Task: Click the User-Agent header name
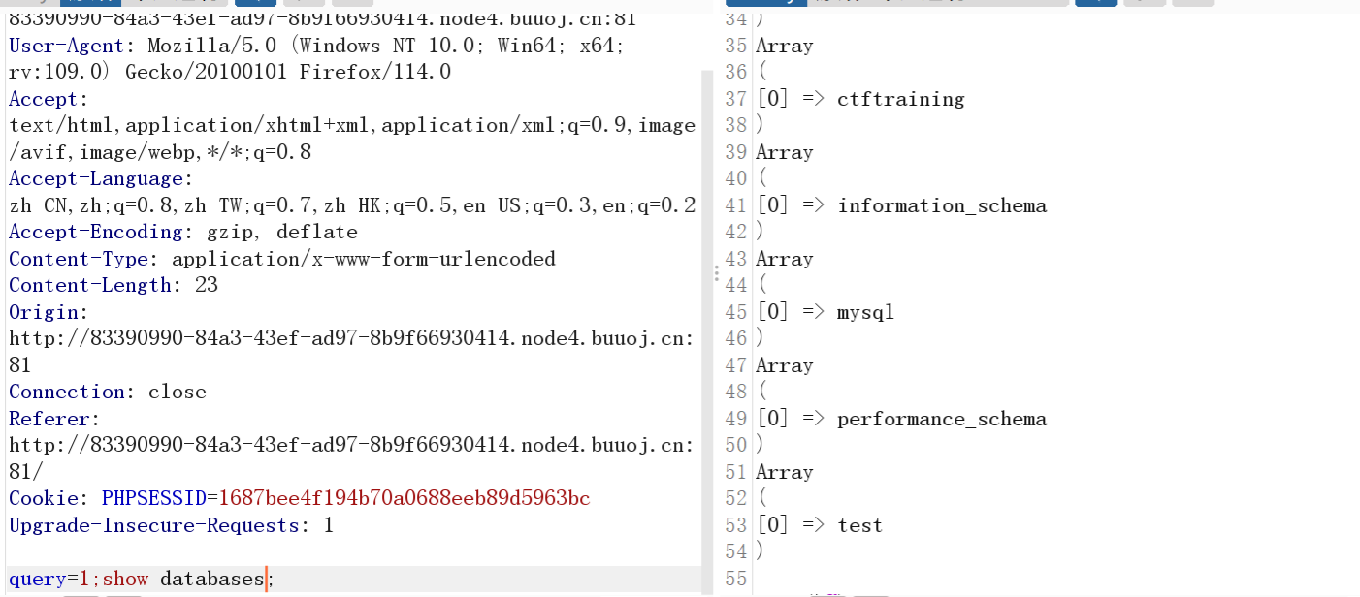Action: click(67, 46)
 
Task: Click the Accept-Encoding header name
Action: click(95, 233)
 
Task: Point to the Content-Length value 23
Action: click(206, 285)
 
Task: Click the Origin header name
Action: click(46, 312)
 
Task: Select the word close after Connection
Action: click(178, 392)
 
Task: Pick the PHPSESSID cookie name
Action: click(154, 498)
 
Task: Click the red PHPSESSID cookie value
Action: click(405, 498)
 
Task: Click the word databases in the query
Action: click(212, 580)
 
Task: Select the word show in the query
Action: click(125, 580)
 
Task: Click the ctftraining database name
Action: click(900, 99)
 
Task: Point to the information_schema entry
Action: click(942, 205)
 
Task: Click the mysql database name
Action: click(865, 312)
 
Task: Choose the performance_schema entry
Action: click(942, 419)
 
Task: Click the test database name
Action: click(859, 525)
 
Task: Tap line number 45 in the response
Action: click(736, 312)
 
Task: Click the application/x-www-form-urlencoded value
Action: click(364, 259)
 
